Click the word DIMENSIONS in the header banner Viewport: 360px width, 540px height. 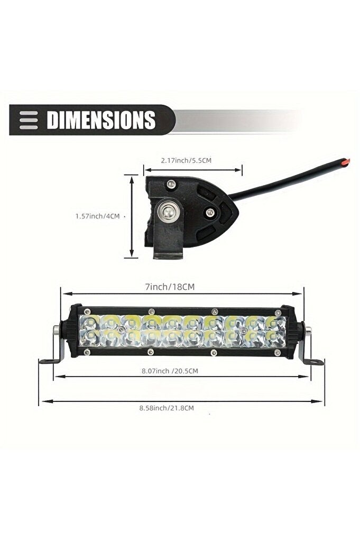click(x=101, y=120)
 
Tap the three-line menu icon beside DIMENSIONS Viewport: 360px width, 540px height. click(x=29, y=120)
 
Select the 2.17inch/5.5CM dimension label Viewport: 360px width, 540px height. click(x=186, y=160)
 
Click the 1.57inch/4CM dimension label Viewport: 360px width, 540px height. click(x=98, y=216)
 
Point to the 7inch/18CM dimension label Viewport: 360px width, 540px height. click(x=170, y=287)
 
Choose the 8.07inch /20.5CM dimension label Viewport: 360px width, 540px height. click(x=170, y=371)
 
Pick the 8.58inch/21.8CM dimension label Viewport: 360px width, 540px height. click(x=167, y=408)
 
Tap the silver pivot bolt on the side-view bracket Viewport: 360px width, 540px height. click(x=168, y=212)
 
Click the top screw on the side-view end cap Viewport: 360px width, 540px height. click(x=170, y=184)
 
